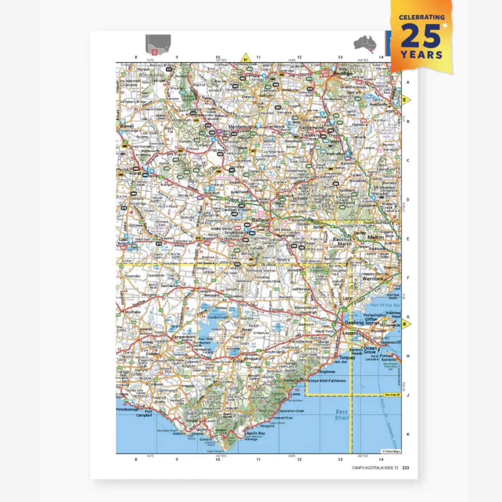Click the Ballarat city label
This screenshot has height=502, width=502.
tap(261, 220)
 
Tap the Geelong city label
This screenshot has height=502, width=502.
tap(354, 323)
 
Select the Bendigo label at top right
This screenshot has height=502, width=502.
tap(343, 74)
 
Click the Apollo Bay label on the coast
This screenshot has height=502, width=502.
tap(256, 433)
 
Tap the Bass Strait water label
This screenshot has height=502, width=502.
tap(341, 415)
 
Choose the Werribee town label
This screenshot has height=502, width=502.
tap(372, 279)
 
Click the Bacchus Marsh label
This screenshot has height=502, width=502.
tap(342, 241)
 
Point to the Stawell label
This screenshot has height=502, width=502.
tap(126, 126)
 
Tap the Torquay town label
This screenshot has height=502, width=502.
tap(347, 357)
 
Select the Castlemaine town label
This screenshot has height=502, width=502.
tap(311, 128)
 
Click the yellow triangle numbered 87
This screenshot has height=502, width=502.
tap(246, 58)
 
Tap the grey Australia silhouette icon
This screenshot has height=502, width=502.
tap(365, 44)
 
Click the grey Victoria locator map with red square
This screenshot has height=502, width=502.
tap(158, 44)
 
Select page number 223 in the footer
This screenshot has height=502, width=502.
tap(405, 468)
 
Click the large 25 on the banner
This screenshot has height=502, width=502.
tap(421, 36)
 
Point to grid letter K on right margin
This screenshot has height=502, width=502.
tap(408, 434)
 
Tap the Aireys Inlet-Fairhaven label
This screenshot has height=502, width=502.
tap(327, 381)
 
